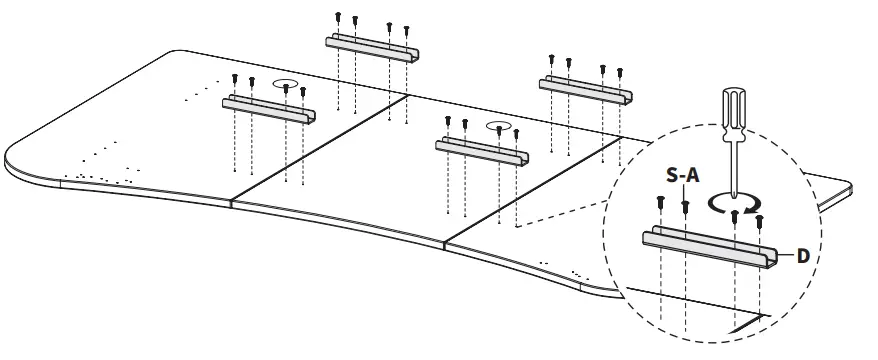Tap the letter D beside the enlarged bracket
click(x=802, y=256)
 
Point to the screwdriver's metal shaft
click(x=736, y=161)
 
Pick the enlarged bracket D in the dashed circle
click(x=710, y=247)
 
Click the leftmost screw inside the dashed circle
click(x=661, y=202)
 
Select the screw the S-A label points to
click(x=685, y=207)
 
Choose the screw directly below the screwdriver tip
click(x=736, y=213)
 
